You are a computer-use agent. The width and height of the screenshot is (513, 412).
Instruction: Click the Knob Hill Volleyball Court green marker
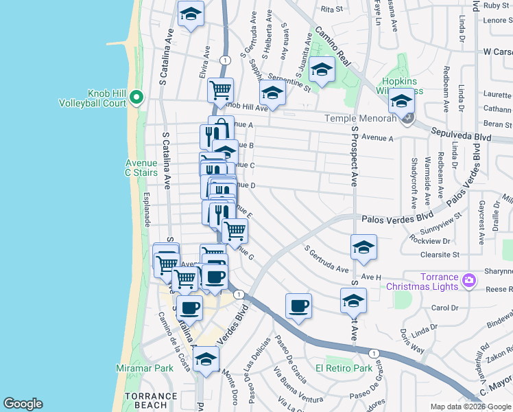(136, 98)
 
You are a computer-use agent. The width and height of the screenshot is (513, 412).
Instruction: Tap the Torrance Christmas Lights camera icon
(468, 280)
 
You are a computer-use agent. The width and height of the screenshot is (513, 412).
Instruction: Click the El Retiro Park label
(344, 368)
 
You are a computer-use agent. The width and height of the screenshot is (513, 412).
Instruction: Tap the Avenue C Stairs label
(142, 168)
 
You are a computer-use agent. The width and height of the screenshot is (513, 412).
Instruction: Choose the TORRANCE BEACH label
(150, 401)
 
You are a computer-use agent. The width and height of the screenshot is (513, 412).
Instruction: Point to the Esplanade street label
(147, 209)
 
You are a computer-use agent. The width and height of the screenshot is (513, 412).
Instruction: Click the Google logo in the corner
(23, 404)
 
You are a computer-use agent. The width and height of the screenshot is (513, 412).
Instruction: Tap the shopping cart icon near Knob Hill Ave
(221, 89)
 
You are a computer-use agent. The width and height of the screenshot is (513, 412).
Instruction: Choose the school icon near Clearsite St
(363, 247)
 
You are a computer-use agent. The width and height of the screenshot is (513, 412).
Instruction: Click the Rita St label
(331, 10)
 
